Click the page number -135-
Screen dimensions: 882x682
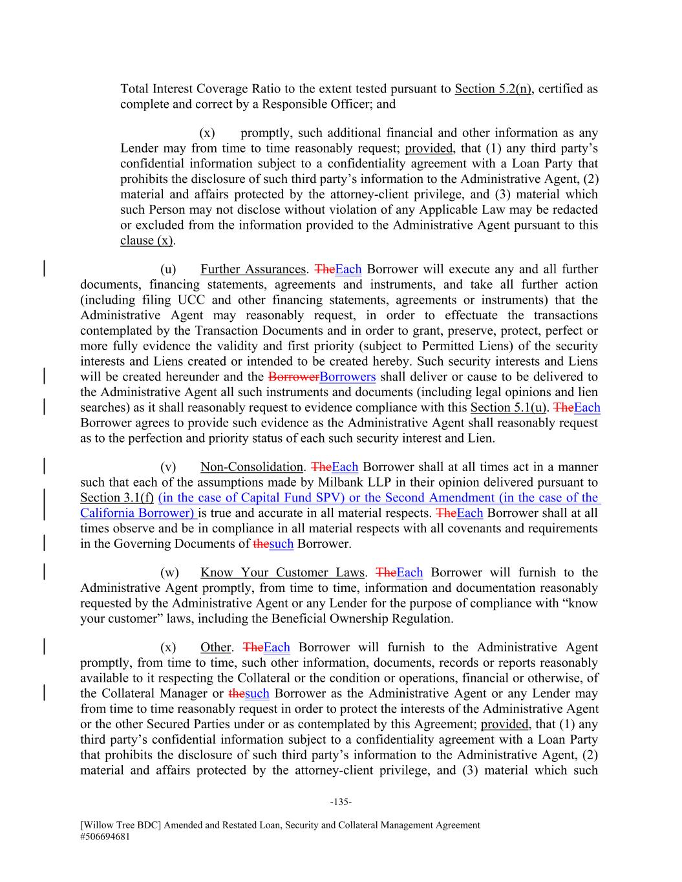[x=341, y=802]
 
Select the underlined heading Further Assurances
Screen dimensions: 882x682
[x=253, y=269]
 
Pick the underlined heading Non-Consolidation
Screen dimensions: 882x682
[x=251, y=467]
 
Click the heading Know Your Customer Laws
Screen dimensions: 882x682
[x=282, y=572]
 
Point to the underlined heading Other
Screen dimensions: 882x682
[x=215, y=647]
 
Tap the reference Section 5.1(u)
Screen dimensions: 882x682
[x=509, y=407]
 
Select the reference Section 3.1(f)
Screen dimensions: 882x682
[x=117, y=498]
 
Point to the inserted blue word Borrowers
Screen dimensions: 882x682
[x=347, y=377]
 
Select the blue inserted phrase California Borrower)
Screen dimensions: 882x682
[x=137, y=513]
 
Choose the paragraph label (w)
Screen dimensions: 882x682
[x=169, y=572]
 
